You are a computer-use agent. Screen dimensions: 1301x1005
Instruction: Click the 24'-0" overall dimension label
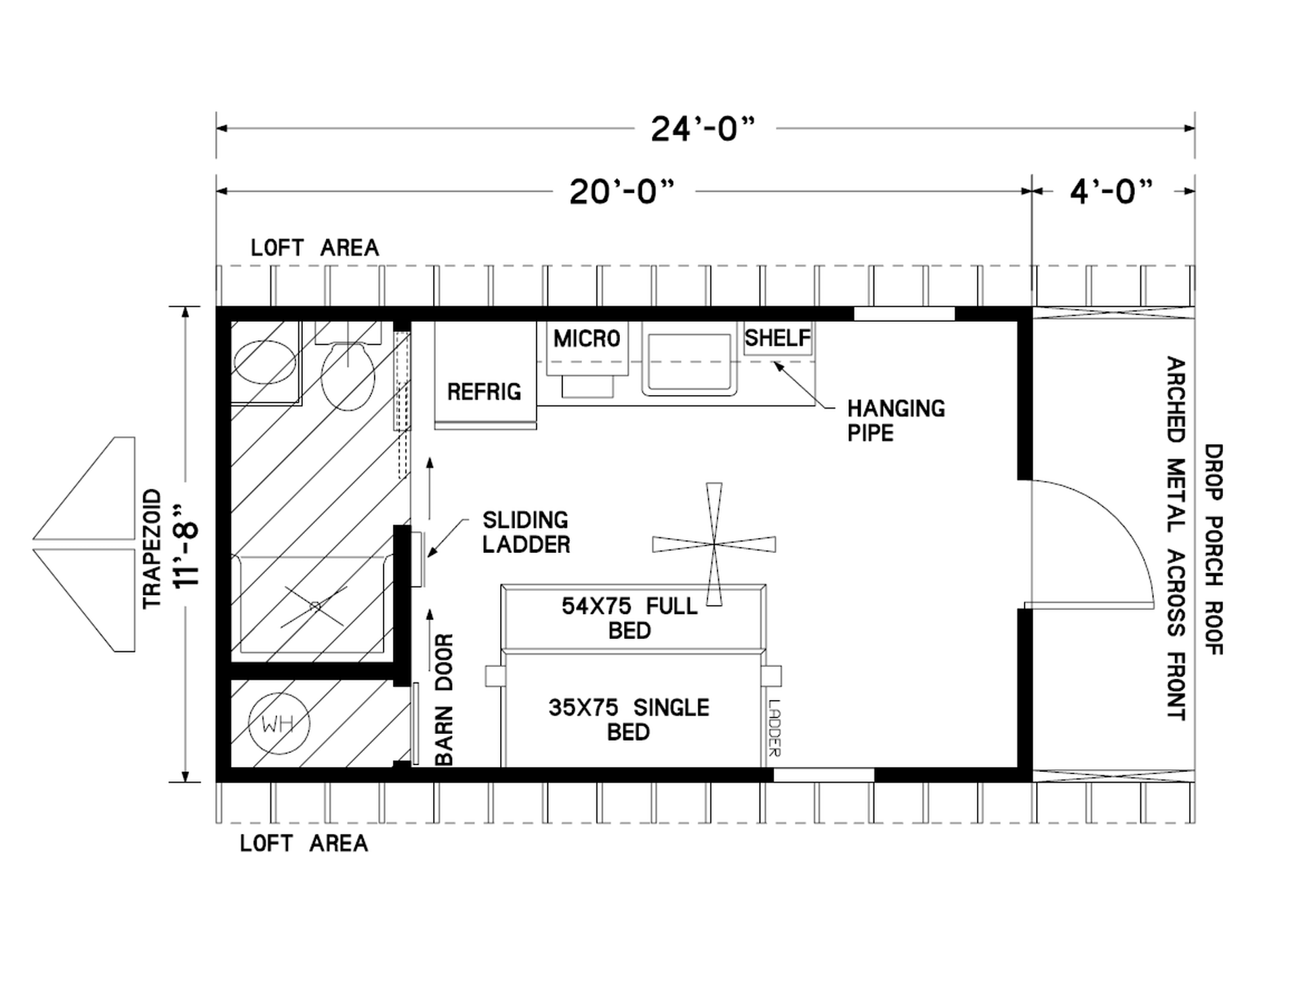(x=703, y=129)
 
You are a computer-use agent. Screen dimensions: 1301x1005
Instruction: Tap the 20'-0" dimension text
(x=622, y=192)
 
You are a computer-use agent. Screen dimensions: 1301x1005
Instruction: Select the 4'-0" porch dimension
(x=1111, y=192)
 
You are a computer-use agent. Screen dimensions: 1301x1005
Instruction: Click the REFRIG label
(x=484, y=392)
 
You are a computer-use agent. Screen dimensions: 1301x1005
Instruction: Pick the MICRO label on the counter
(x=587, y=338)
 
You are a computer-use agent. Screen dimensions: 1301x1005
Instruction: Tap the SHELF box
(x=778, y=337)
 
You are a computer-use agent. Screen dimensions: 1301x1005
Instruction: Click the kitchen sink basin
(x=689, y=364)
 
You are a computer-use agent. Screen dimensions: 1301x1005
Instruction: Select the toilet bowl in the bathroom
(x=348, y=376)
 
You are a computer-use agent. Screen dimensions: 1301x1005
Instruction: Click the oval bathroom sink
(x=265, y=363)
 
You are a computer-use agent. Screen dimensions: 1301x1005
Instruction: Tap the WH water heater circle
(x=278, y=724)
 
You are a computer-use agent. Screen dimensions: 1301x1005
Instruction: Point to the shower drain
(x=315, y=606)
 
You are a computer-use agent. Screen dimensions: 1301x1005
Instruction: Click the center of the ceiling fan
(x=714, y=543)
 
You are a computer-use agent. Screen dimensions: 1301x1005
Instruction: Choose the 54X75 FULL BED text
(x=629, y=617)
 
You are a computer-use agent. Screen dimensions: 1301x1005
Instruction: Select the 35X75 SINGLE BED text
(x=629, y=720)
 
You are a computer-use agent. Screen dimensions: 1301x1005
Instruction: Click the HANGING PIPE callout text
(x=896, y=420)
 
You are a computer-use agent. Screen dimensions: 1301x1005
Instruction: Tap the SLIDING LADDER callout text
(x=526, y=532)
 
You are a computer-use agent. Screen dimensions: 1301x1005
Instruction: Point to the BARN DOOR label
(x=443, y=700)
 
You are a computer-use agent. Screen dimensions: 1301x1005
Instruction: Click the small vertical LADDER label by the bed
(x=775, y=728)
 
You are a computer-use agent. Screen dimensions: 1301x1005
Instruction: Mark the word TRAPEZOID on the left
(x=152, y=549)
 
